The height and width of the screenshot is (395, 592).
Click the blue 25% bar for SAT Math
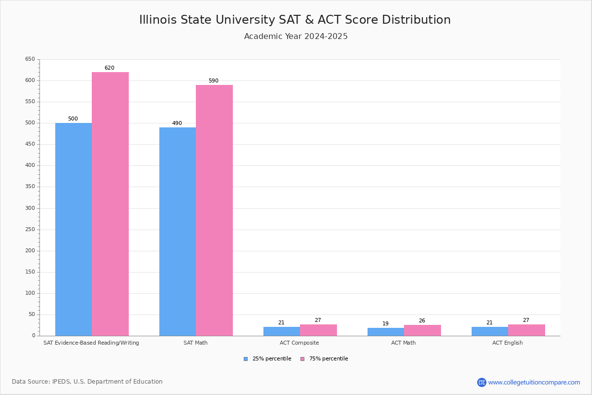178,232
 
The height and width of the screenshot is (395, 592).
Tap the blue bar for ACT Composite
282,331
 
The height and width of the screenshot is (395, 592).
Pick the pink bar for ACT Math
422,330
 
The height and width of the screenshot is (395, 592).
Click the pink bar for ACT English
526,330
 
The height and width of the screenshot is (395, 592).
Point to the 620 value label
109,68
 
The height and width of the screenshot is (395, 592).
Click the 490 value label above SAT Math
177,123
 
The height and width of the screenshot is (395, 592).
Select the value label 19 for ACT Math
385,324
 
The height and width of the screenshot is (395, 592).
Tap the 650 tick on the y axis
30,59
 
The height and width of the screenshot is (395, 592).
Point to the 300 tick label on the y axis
30,208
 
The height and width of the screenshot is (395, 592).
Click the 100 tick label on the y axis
30,293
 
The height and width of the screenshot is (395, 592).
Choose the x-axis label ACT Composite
299,343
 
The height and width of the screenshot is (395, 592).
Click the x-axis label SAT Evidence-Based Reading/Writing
91,343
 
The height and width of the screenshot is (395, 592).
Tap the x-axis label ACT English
508,343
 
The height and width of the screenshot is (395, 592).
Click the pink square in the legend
302,359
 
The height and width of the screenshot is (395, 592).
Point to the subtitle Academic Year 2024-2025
296,37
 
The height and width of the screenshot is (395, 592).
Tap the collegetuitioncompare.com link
534,382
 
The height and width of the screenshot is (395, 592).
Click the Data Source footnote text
87,382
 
